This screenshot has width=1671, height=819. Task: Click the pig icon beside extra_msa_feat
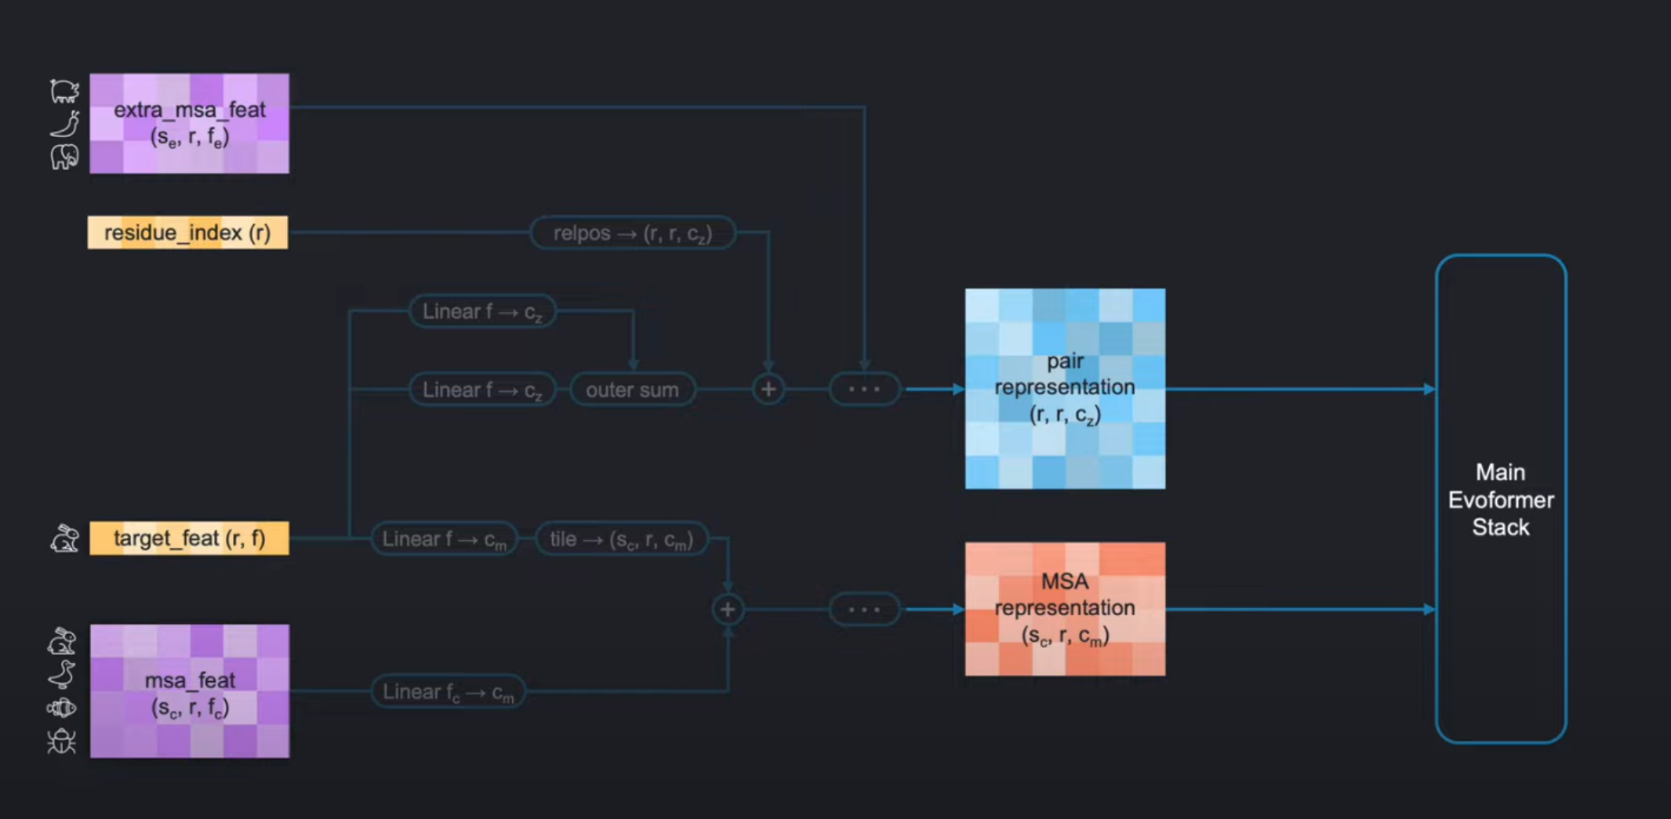pyautogui.click(x=64, y=91)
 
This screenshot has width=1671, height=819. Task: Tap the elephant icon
pyautogui.click(x=64, y=157)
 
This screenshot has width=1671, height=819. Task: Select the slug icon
pyautogui.click(x=64, y=124)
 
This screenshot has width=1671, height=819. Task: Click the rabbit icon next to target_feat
pyautogui.click(x=64, y=538)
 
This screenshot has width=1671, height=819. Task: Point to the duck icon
pyautogui.click(x=61, y=674)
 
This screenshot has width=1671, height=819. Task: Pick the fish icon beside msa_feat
pyautogui.click(x=61, y=708)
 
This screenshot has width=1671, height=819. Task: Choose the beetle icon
pyautogui.click(x=61, y=741)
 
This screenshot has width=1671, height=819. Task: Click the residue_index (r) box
pyautogui.click(x=187, y=233)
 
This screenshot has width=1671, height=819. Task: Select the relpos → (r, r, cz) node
pyautogui.click(x=633, y=233)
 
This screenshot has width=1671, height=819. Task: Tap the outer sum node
pyautogui.click(x=632, y=390)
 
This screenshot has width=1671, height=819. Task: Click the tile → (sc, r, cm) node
pyautogui.click(x=621, y=539)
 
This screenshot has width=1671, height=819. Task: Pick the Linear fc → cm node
pyautogui.click(x=448, y=692)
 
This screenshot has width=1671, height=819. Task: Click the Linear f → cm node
pyautogui.click(x=444, y=539)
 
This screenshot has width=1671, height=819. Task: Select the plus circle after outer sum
pyautogui.click(x=768, y=390)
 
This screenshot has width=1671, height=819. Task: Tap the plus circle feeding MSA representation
pyautogui.click(x=728, y=609)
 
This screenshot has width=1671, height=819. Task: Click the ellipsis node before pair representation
pyautogui.click(x=864, y=390)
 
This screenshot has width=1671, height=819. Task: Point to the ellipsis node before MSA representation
pyautogui.click(x=864, y=609)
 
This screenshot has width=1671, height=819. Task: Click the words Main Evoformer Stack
pyautogui.click(x=1500, y=499)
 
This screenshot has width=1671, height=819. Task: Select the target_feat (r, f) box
pyautogui.click(x=189, y=538)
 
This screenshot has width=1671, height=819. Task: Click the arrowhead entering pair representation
pyautogui.click(x=958, y=390)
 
